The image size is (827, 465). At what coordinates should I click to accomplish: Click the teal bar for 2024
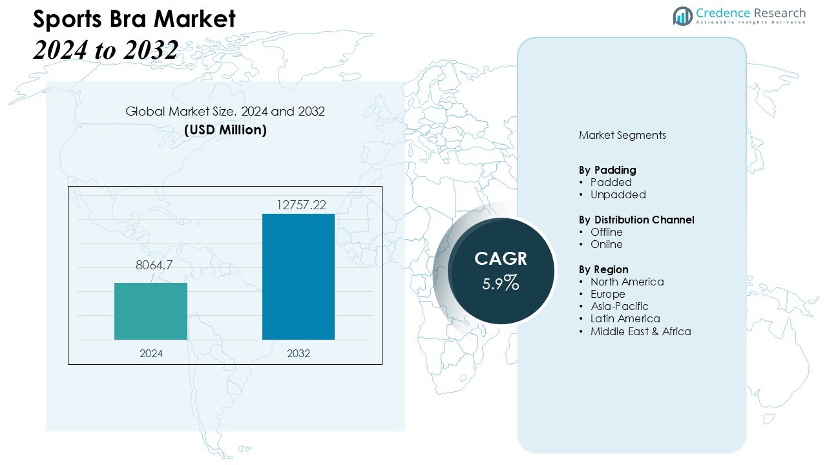tap(151, 311)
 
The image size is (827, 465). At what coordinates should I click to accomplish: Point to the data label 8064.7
tap(154, 265)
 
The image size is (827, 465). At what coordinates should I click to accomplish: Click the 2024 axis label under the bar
tap(151, 354)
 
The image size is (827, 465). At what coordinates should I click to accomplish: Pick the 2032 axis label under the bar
tap(298, 354)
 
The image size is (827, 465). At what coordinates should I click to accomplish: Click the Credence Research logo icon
tap(682, 16)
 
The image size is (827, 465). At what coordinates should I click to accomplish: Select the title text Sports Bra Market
tap(134, 19)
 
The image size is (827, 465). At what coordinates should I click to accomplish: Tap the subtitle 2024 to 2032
tap(105, 50)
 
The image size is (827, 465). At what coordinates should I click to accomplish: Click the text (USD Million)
tap(225, 130)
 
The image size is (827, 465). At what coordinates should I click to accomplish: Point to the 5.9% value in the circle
tap(501, 282)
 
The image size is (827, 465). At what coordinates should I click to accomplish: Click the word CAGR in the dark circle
tap(501, 259)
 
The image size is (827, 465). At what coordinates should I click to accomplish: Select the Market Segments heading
tap(622, 136)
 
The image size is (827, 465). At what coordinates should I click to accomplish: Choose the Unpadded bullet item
tap(618, 194)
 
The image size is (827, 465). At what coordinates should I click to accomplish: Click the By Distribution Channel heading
tap(636, 220)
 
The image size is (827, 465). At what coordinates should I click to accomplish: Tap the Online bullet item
tap(606, 244)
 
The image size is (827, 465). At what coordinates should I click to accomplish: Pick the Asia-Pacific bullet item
tap(619, 306)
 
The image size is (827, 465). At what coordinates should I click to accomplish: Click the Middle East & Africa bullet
tap(640, 331)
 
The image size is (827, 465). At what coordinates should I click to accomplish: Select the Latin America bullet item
tap(625, 318)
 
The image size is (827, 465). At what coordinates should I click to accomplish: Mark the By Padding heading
tap(607, 170)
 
